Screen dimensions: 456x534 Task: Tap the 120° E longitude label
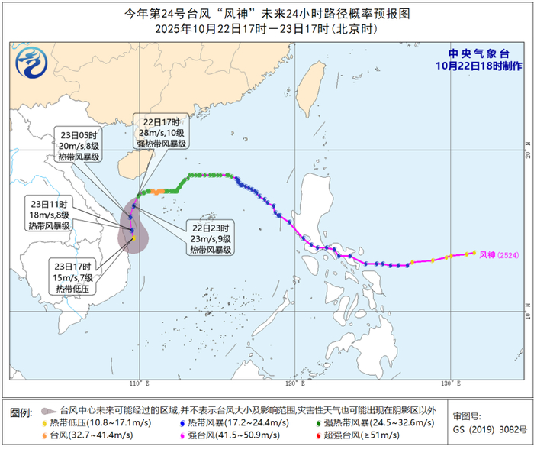click(294, 382)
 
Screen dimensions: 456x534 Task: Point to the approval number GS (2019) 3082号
click(488, 429)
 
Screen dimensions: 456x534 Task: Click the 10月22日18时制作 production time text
click(474, 66)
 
